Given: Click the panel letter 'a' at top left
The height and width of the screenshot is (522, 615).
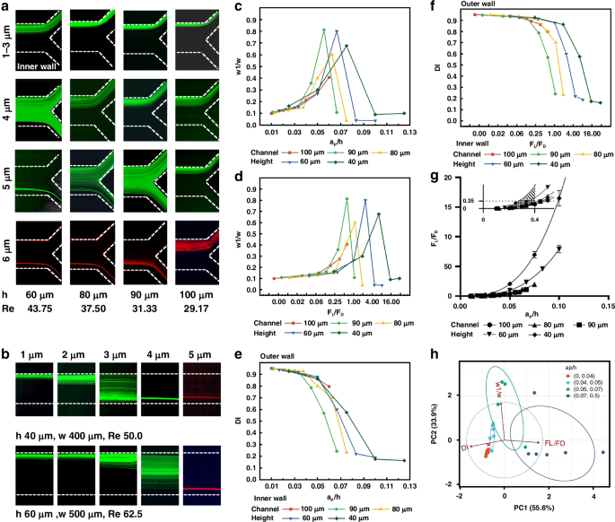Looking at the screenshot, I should click(7, 7).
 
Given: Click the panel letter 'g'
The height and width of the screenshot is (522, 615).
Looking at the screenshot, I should click(435, 178).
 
